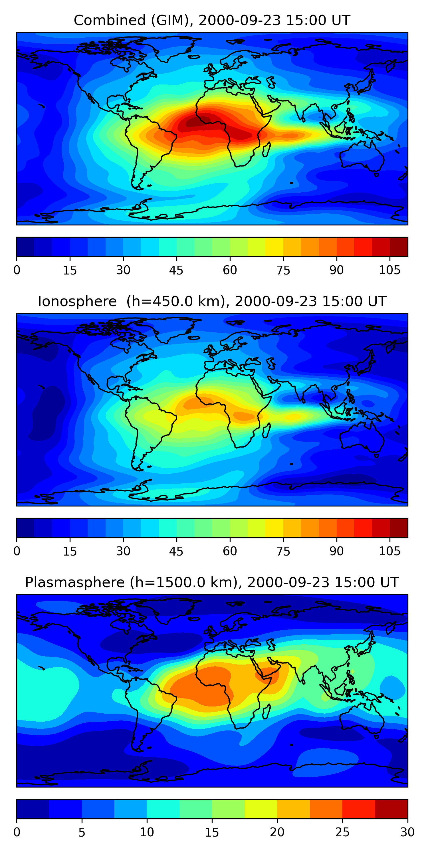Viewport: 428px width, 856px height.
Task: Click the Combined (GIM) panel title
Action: point(212,20)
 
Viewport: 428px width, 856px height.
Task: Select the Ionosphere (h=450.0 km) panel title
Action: point(212,301)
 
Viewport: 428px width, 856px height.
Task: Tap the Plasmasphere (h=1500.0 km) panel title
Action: point(212,583)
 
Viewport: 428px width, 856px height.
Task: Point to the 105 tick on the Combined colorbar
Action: point(390,270)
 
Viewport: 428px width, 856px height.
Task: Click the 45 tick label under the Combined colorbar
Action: point(176,270)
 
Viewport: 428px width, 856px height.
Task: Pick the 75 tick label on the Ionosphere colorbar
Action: point(283,551)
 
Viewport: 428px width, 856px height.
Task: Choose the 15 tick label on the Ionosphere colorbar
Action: point(70,551)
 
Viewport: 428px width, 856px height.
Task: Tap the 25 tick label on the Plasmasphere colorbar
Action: point(342,832)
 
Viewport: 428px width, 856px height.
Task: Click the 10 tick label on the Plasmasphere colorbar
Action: point(147,832)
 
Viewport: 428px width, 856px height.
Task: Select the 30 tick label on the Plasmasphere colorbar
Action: point(407,832)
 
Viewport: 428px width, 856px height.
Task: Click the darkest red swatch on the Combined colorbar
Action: point(399,247)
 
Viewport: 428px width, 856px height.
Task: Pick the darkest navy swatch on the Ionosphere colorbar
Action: point(26,528)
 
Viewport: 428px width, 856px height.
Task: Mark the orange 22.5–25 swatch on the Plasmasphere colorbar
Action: point(326,809)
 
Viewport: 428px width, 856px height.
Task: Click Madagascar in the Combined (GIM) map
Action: point(266,149)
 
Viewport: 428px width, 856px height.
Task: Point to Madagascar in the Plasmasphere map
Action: point(266,711)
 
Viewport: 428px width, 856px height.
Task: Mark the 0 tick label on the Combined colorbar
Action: point(17,270)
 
